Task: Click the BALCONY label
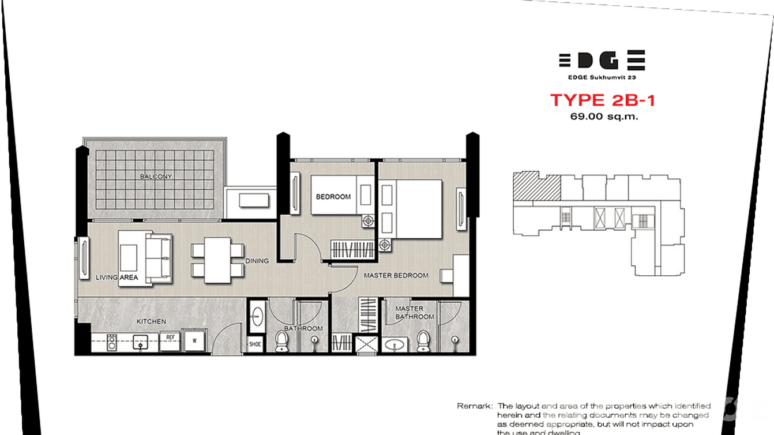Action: [156, 177]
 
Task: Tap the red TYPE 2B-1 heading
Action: [603, 100]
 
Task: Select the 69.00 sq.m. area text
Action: [603, 117]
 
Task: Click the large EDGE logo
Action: [602, 60]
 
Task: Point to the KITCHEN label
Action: [151, 321]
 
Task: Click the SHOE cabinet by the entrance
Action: [255, 344]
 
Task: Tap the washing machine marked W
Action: [195, 340]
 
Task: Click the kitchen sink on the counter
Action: [141, 342]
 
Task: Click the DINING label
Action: [257, 261]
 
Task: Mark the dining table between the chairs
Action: [217, 261]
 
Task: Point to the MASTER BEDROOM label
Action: [396, 276]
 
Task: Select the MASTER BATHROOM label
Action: [414, 313]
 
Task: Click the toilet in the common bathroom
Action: [283, 340]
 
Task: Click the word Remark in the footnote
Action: [474, 406]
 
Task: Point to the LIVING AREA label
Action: [118, 277]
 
